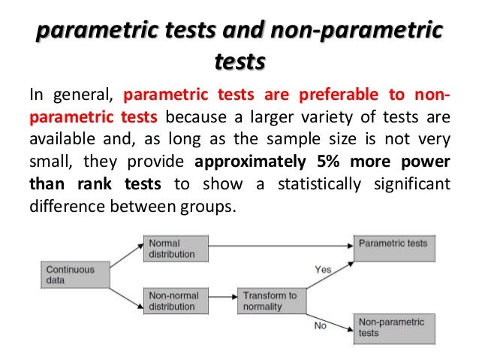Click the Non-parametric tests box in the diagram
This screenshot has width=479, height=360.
[x=394, y=327]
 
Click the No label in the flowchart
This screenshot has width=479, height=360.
[x=319, y=325]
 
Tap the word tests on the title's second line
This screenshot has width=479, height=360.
[x=239, y=60]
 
